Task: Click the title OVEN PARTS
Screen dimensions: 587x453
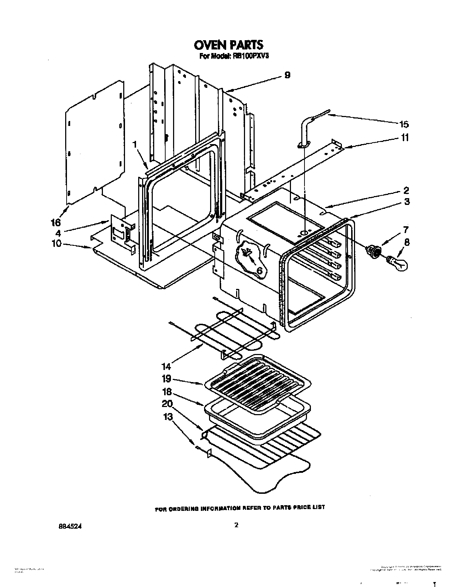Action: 228,45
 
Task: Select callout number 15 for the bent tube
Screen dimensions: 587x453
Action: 403,124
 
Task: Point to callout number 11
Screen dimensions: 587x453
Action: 405,137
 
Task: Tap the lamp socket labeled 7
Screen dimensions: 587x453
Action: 374,252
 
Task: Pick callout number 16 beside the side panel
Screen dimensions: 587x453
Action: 56,223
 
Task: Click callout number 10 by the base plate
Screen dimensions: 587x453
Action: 57,244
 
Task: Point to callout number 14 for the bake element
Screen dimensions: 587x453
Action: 166,366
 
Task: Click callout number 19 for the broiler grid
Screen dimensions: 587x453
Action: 167,378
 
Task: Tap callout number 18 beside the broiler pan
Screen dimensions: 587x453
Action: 167,392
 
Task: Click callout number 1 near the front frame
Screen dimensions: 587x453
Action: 135,144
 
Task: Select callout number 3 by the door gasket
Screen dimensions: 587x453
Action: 407,202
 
